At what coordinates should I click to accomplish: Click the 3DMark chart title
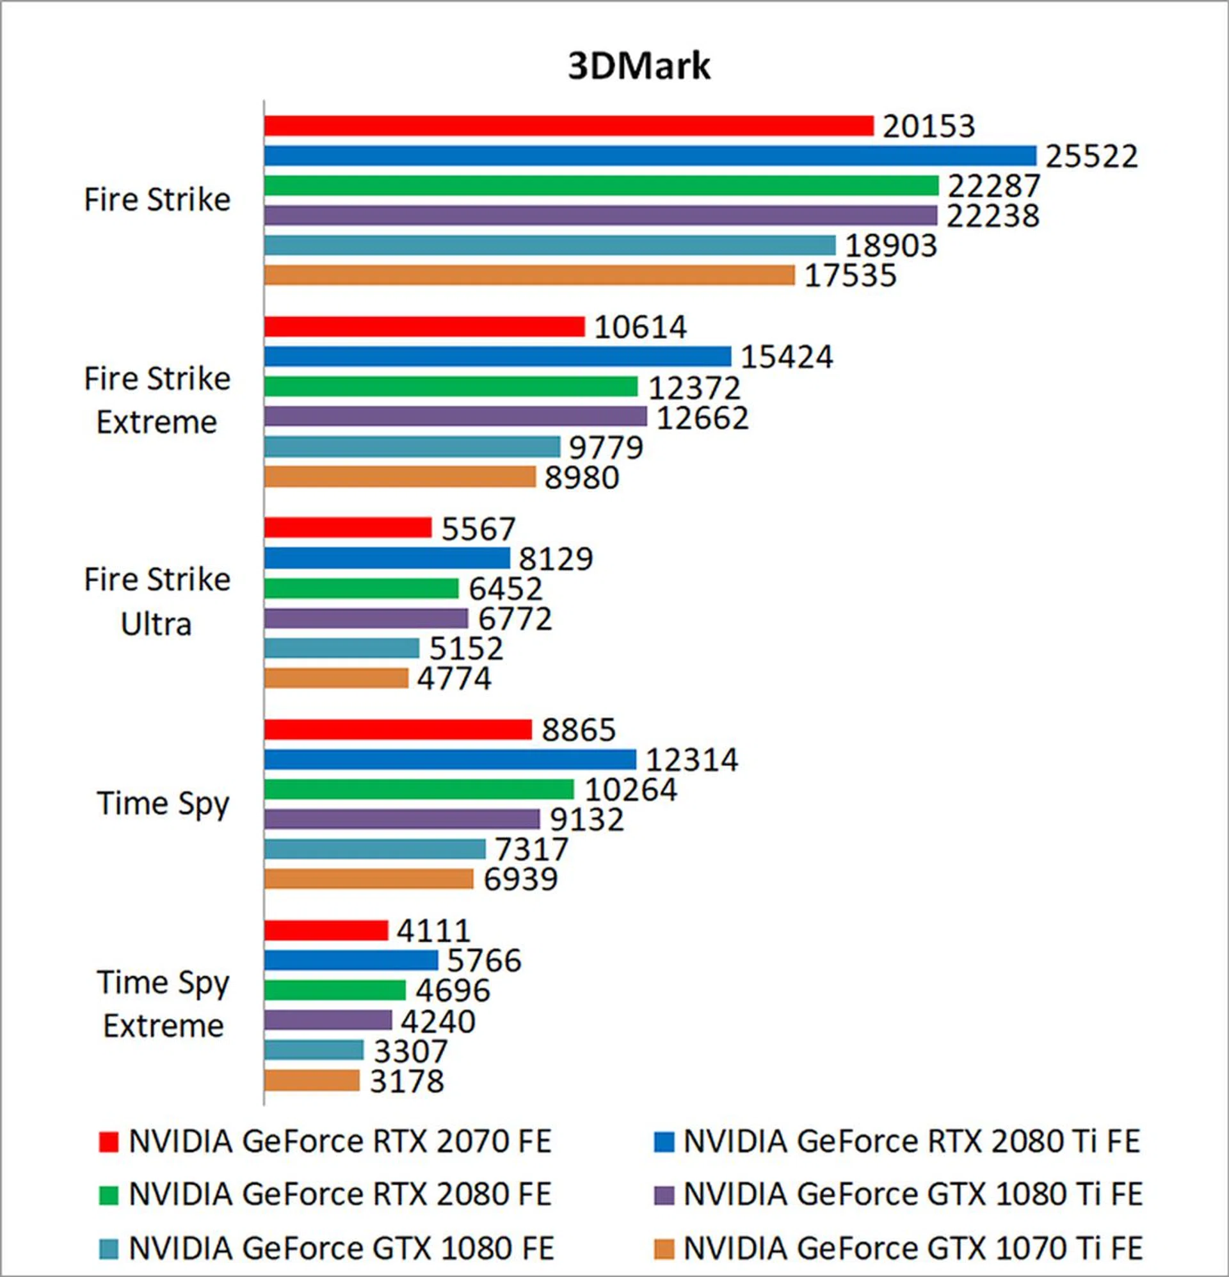click(638, 66)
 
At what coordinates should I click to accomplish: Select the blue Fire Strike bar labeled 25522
click(650, 156)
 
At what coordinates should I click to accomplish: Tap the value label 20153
click(928, 126)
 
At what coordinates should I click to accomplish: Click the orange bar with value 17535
click(529, 275)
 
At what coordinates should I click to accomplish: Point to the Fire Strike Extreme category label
click(157, 400)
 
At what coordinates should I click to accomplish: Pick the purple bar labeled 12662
click(455, 416)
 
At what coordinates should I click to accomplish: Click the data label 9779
click(606, 447)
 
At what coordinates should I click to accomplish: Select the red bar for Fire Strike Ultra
click(348, 527)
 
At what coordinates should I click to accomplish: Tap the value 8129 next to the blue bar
click(556, 558)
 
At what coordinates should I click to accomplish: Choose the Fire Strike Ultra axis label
click(157, 601)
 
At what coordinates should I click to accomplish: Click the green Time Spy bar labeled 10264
click(419, 789)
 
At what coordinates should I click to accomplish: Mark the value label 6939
click(520, 879)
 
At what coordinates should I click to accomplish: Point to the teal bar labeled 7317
click(374, 849)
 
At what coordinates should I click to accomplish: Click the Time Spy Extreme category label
click(163, 1004)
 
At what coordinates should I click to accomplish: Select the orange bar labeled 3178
click(311, 1080)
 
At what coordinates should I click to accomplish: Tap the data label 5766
click(484, 960)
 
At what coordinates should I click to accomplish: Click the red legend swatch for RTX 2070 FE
click(108, 1141)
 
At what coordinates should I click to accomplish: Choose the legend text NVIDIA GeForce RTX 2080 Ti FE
click(911, 1141)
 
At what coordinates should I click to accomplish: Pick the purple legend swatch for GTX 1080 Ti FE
click(663, 1194)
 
